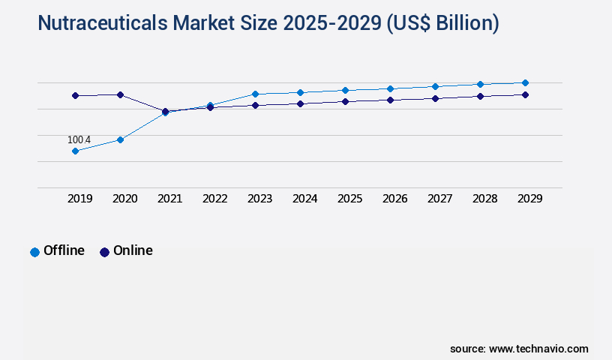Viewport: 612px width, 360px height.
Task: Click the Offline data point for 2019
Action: (x=75, y=151)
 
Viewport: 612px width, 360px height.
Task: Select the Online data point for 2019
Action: (x=75, y=95)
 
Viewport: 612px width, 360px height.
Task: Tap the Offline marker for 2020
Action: (x=120, y=139)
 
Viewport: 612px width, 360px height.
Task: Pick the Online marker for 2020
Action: (x=120, y=94)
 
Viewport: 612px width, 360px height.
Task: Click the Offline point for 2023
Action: (x=255, y=94)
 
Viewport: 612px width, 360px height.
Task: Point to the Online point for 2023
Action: (x=255, y=105)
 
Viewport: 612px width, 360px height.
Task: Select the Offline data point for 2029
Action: (x=525, y=82)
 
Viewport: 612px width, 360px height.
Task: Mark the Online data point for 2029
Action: (x=525, y=94)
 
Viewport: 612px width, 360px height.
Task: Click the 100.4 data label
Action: (x=79, y=140)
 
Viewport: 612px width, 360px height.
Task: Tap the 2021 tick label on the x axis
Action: (x=169, y=199)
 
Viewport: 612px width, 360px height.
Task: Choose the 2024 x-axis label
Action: (x=304, y=199)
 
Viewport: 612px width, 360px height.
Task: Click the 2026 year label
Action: (x=394, y=199)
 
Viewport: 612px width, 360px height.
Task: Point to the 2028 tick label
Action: (x=484, y=199)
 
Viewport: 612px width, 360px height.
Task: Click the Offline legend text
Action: (x=64, y=250)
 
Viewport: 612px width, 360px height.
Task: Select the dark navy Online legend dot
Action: (x=104, y=252)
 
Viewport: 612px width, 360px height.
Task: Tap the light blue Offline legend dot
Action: (x=34, y=252)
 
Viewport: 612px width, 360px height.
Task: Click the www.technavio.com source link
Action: (x=538, y=349)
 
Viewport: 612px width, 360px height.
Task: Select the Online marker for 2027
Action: (x=435, y=98)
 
